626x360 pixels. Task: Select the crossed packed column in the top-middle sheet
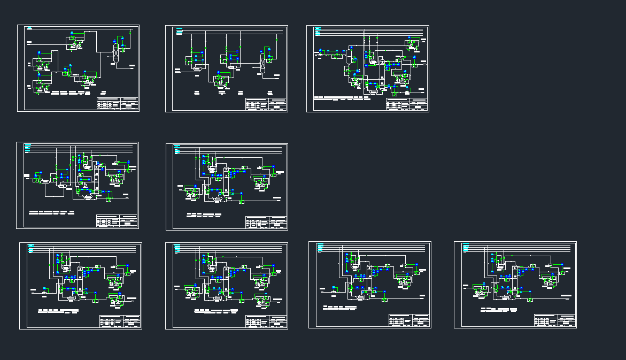[x=262, y=63]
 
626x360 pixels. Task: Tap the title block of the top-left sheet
[x=117, y=104]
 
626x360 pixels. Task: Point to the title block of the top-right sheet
[x=407, y=105]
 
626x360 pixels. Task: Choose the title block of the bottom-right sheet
[x=555, y=320]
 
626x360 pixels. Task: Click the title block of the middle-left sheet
[x=117, y=221]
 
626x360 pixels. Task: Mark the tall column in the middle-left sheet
[x=97, y=179]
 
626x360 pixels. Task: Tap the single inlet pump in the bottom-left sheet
[x=44, y=293]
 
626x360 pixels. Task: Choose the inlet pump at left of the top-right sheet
[x=320, y=55]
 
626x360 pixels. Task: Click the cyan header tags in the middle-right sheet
[x=179, y=150]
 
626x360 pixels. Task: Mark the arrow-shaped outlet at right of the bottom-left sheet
[x=132, y=301]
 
